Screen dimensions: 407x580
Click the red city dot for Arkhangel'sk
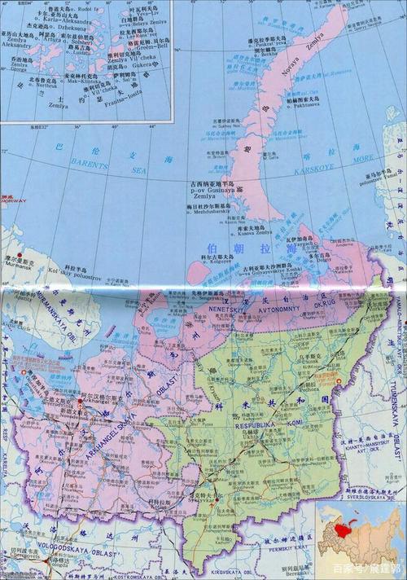(x=103, y=400)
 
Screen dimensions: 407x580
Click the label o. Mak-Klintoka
(x=90, y=81)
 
